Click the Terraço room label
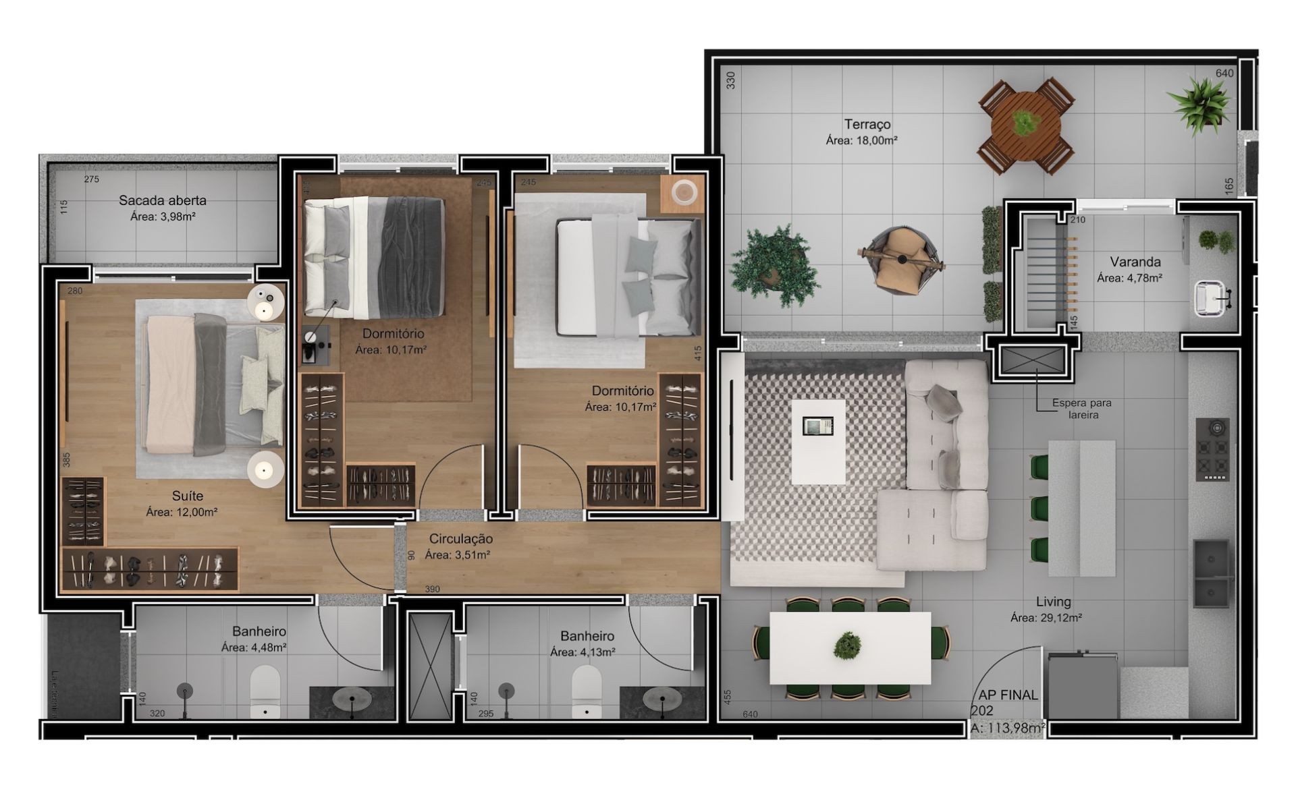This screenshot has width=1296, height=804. tap(867, 125)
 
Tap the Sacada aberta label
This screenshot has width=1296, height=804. tap(163, 200)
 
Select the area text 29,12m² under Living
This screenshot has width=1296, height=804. tap(1046, 618)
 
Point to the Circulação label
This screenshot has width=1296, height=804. tap(461, 539)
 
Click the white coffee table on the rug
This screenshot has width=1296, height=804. tap(818, 442)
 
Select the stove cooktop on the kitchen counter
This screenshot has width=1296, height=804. tap(1212, 449)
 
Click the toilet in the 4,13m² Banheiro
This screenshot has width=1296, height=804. tap(587, 693)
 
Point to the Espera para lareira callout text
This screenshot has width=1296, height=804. tap(1082, 409)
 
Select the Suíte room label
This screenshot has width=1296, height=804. tap(188, 496)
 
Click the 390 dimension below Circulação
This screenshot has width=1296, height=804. tap(432, 590)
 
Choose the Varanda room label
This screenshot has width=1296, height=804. tap(1135, 262)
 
